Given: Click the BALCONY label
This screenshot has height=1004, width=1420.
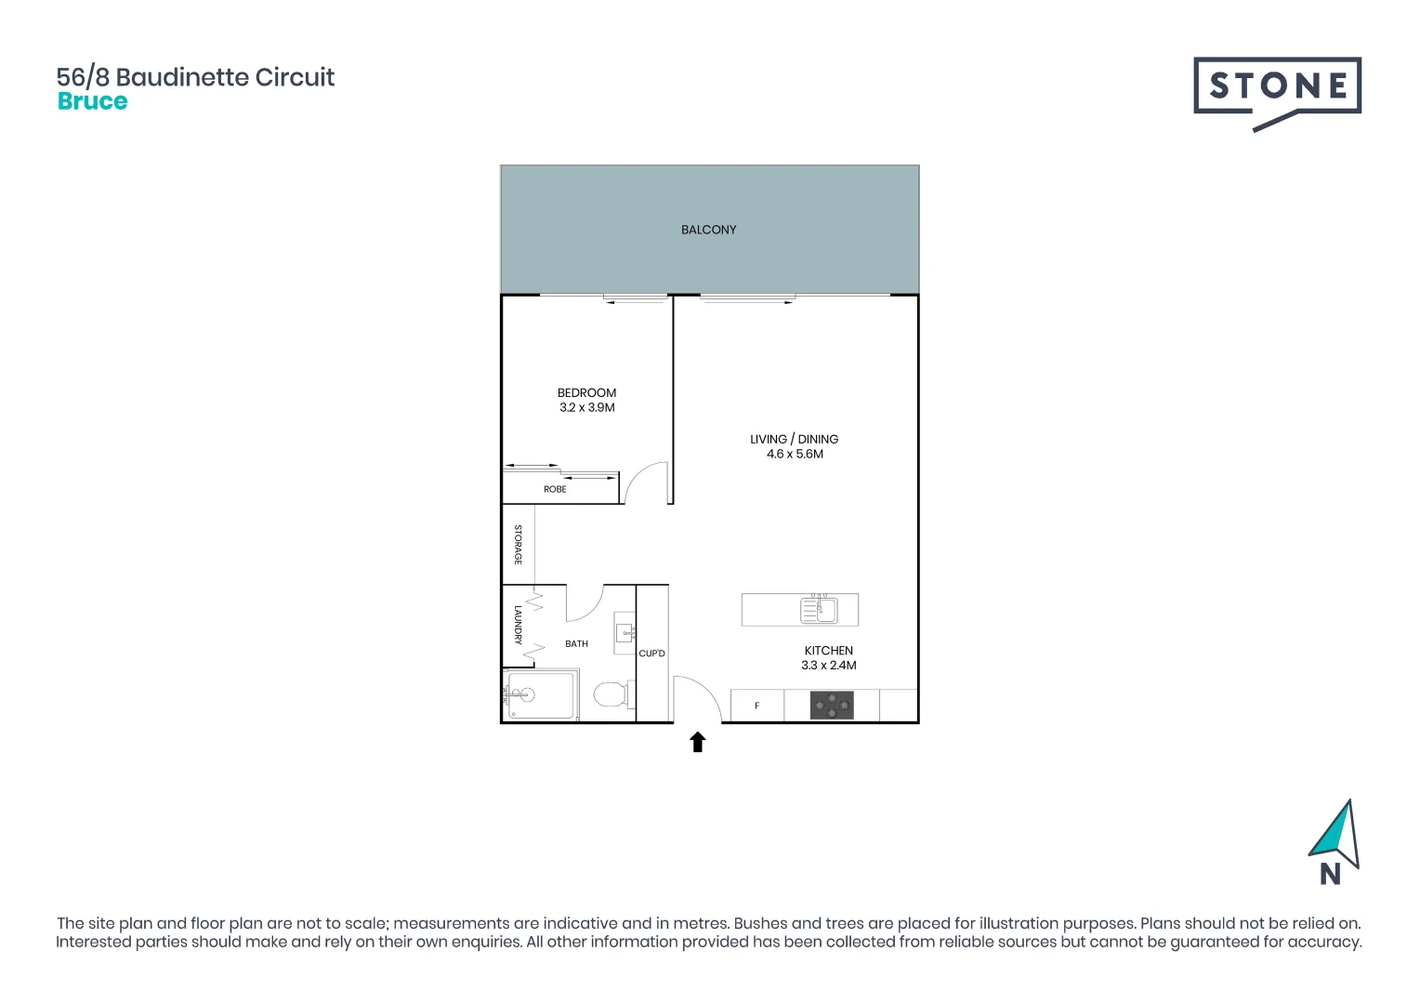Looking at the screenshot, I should pos(708,230).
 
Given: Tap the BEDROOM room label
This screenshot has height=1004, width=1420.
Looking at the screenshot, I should pos(586,392).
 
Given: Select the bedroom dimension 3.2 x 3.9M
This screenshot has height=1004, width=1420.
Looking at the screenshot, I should pos(586,407).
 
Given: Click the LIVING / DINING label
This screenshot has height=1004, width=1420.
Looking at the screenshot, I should pos(794,439).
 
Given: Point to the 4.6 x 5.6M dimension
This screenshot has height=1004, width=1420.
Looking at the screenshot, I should pos(795,454).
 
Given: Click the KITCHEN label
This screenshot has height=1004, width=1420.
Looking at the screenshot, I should pos(828,651).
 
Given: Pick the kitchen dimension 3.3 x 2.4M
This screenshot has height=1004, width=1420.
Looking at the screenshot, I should pos(829,666).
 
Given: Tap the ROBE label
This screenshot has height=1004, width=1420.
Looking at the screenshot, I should pos(555,489).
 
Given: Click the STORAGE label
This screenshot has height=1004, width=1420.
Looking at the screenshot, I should pos(519,545).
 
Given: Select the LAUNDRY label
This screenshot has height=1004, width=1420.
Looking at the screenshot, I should pos(519,625).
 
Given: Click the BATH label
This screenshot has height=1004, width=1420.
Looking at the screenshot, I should pos(576,643).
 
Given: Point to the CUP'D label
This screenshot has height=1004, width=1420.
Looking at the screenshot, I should pos(651,654).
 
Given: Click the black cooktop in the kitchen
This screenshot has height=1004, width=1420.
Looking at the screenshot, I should pos(832,706).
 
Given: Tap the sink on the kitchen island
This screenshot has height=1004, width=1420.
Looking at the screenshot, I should pos(820,610).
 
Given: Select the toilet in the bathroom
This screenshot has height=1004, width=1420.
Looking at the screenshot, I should pos(611,694).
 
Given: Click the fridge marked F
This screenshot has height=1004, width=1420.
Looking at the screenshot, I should pos(757,706).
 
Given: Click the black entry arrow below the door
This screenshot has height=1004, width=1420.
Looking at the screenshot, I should pos(698,742).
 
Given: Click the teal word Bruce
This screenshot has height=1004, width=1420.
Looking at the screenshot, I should pos(92,101).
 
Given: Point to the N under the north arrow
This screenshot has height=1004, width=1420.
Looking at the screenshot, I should pos(1330,874).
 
